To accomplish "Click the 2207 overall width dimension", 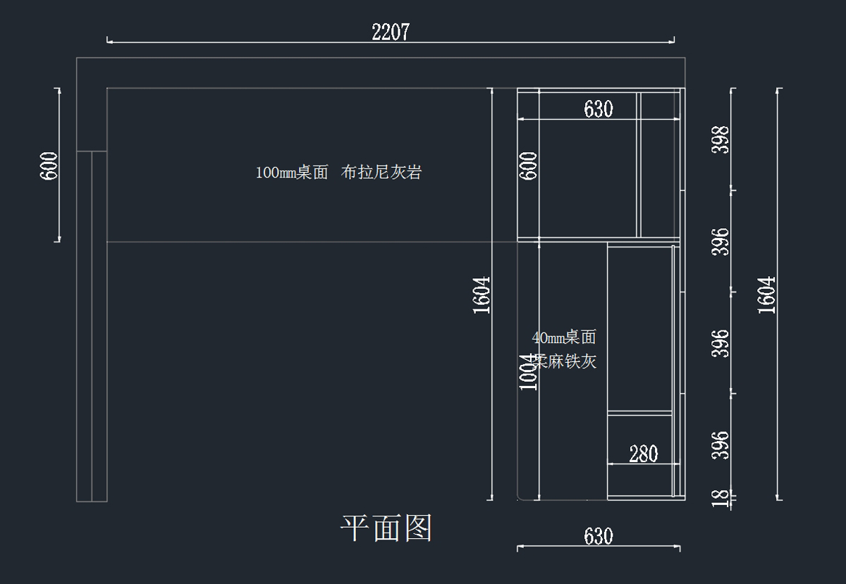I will point(391,32).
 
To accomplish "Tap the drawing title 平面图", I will point(386,528).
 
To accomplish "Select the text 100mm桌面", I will point(292,173).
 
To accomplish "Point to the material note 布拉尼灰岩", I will point(381,173).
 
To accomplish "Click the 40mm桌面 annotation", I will point(564,337).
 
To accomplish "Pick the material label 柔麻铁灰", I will point(564,361).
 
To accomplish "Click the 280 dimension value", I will point(643,454).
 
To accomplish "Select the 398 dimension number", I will point(721,141).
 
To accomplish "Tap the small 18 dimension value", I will point(721,498).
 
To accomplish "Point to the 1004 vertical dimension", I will point(528,371).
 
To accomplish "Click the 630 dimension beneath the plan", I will point(599,537).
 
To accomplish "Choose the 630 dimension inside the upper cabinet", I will point(599,109).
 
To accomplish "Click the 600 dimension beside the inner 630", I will point(529,166).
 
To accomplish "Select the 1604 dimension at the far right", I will point(766,294).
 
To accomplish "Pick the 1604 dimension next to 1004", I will point(482,294).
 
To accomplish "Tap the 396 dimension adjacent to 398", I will point(721,242).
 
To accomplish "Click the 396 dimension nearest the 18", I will point(721,445).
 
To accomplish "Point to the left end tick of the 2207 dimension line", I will point(108,40).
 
